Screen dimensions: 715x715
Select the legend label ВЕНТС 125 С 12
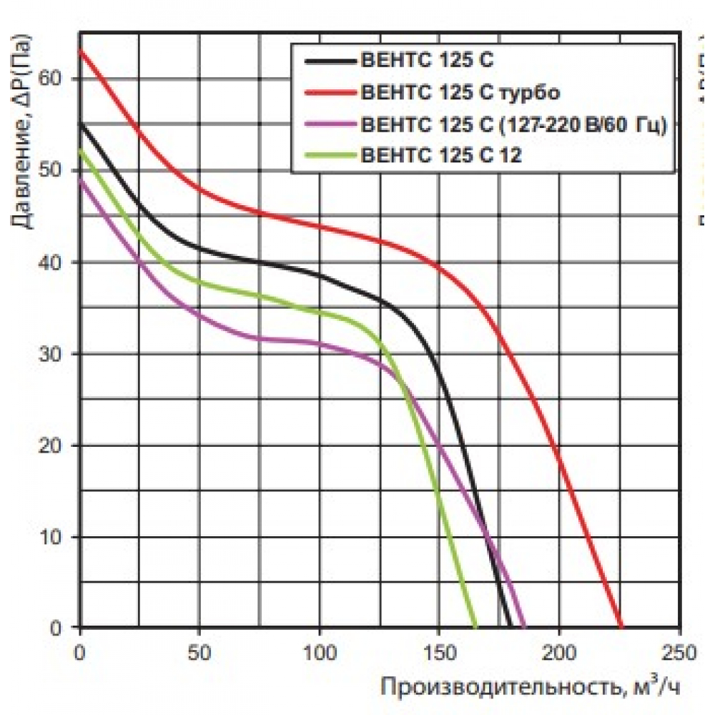(x=443, y=154)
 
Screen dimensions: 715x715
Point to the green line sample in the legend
(x=330, y=154)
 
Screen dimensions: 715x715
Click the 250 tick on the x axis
(x=680, y=652)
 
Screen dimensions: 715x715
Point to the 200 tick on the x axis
(x=560, y=652)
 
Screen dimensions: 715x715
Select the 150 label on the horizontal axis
(x=440, y=652)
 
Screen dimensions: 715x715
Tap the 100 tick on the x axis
(x=320, y=652)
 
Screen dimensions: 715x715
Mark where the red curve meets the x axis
(x=621, y=627)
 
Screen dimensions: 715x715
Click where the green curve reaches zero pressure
(x=475, y=627)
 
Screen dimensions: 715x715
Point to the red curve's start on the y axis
(x=80, y=50)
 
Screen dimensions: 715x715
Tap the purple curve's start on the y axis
(x=80, y=179)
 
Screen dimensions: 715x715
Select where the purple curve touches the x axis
(x=526, y=627)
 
